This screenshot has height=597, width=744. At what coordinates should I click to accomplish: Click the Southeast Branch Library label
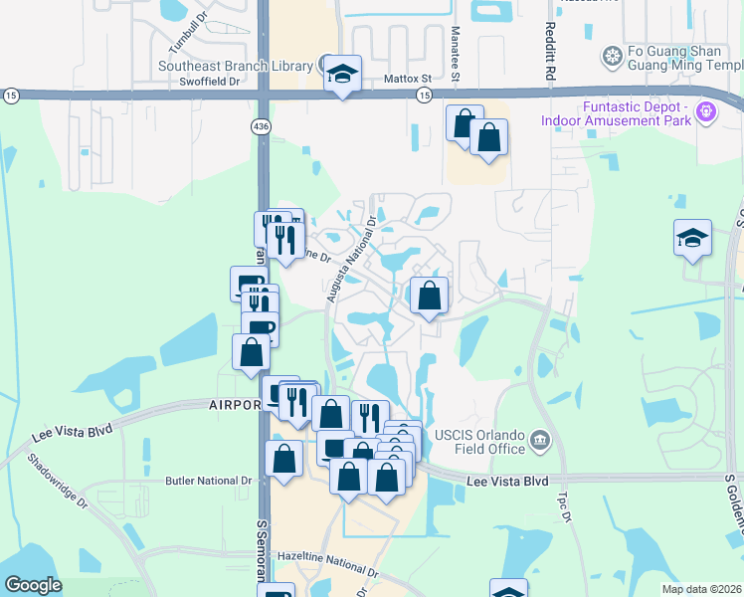pyautogui.click(x=236, y=67)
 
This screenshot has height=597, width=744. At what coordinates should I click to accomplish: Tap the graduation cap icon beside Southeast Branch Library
pyautogui.click(x=342, y=74)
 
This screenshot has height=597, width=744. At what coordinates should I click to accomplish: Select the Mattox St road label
pyautogui.click(x=408, y=78)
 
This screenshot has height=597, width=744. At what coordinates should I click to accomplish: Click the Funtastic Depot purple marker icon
pyautogui.click(x=707, y=110)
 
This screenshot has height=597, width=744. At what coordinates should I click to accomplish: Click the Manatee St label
pyautogui.click(x=456, y=55)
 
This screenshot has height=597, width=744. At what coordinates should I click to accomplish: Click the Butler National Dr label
pyautogui.click(x=208, y=481)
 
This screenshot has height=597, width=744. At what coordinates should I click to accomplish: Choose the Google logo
pyautogui.click(x=33, y=584)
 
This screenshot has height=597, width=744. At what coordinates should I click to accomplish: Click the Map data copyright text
pyautogui.click(x=700, y=589)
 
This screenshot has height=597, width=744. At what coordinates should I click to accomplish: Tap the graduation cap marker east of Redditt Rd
pyautogui.click(x=692, y=239)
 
